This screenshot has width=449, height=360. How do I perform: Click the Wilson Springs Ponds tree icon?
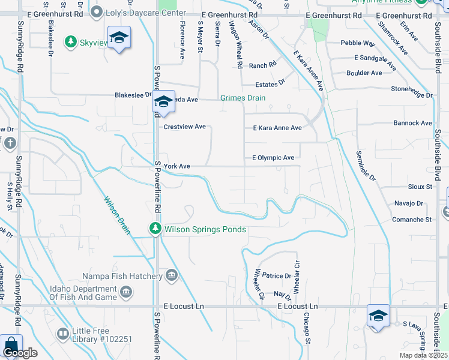pos(155,229)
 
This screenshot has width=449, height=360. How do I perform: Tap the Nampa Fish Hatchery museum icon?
pos(172,276)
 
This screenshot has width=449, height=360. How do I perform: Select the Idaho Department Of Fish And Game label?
pos(83,292)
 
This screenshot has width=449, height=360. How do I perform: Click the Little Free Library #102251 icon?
pos(62,333)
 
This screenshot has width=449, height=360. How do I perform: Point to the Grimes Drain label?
pos(243,98)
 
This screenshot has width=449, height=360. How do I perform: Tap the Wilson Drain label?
pos(116,216)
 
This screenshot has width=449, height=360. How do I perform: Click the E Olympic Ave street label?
pos(273,158)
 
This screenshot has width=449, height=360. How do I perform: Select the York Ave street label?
pos(176,166)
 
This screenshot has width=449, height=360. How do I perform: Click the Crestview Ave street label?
pos(185,127)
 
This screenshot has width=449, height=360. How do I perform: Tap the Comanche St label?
pos(412,220)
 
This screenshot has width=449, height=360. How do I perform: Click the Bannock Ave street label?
pos(412,124)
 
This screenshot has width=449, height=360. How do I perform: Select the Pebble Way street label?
pos(358,43)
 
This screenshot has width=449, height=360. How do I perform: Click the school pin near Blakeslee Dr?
pos(163,101)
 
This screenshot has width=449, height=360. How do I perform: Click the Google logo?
pos(19,353)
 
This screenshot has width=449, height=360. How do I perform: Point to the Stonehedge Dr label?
pos(412,95)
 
